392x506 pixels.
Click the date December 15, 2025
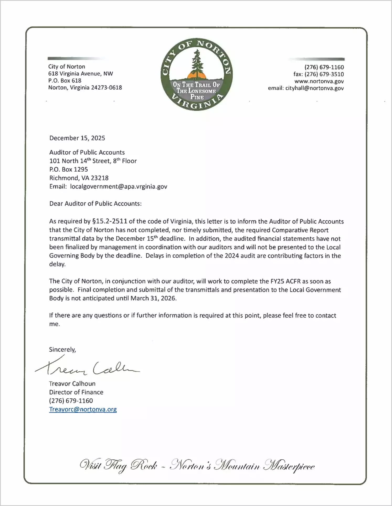(x=77, y=138)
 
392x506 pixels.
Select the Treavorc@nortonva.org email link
(x=83, y=409)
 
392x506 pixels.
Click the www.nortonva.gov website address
(x=319, y=81)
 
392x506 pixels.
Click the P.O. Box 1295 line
(x=68, y=169)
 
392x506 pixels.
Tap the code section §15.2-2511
(x=110, y=221)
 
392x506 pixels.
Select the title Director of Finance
(x=76, y=392)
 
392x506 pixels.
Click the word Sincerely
(x=62, y=349)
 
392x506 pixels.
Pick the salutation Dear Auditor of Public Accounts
(x=95, y=204)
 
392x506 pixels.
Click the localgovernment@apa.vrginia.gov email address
(x=119, y=187)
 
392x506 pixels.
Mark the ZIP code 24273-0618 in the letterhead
(x=107, y=88)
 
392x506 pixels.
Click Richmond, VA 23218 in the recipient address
(x=79, y=178)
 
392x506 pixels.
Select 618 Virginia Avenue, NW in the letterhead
(x=81, y=74)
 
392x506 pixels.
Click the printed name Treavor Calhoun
(x=72, y=384)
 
